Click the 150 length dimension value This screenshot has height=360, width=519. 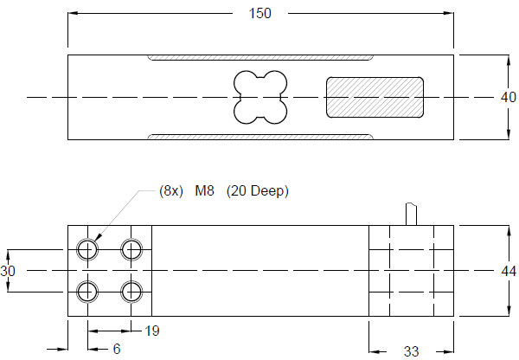pyautogui.click(x=260, y=13)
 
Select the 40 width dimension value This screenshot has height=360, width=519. pyautogui.click(x=509, y=97)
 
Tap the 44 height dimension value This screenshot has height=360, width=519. pyautogui.click(x=509, y=271)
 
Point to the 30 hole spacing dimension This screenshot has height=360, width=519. pyautogui.click(x=8, y=271)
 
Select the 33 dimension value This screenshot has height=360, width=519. pyautogui.click(x=412, y=351)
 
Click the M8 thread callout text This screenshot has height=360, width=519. pyautogui.click(x=204, y=190)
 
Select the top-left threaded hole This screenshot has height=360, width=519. pyautogui.click(x=87, y=250)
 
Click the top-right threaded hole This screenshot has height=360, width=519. pyautogui.click(x=131, y=250)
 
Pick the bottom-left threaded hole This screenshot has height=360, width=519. pyautogui.click(x=87, y=291)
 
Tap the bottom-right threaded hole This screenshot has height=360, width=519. pyautogui.click(x=131, y=291)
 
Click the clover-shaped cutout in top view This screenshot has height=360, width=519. pyautogui.click(x=260, y=97)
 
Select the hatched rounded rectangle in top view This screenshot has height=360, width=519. pyautogui.click(x=374, y=97)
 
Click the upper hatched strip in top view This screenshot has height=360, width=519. pyautogui.click(x=260, y=58)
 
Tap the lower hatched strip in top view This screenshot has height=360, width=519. pyautogui.click(x=260, y=136)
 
